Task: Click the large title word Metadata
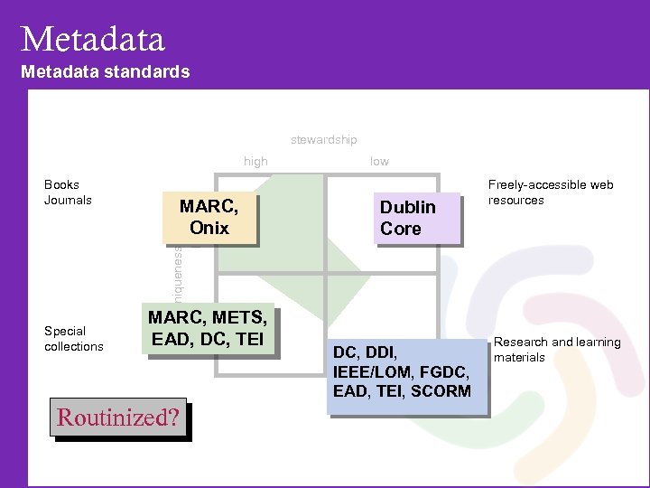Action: pyautogui.click(x=93, y=39)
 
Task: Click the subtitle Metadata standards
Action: pyautogui.click(x=105, y=71)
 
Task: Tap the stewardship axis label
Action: pyautogui.click(x=323, y=139)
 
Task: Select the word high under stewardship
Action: pyautogui.click(x=255, y=161)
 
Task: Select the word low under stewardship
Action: pyautogui.click(x=379, y=161)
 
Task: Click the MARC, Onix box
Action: pyautogui.click(x=209, y=218)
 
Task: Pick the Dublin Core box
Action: pyautogui.click(x=416, y=218)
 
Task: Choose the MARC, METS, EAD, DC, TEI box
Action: pyautogui.click(x=208, y=330)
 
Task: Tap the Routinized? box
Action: pyautogui.click(x=118, y=418)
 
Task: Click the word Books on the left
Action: pyautogui.click(x=61, y=184)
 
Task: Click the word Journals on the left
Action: pyautogui.click(x=68, y=200)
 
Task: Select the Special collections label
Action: pyautogui.click(x=74, y=338)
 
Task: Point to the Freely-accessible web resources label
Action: pyautogui.click(x=550, y=192)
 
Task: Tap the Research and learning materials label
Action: pyautogui.click(x=556, y=350)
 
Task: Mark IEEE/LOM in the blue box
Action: pyautogui.click(x=369, y=371)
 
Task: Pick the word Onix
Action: pyautogui.click(x=209, y=229)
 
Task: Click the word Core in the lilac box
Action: pyautogui.click(x=401, y=229)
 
